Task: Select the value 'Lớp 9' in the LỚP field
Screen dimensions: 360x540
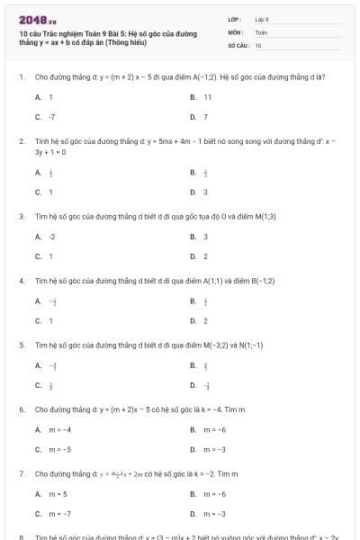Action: pyautogui.click(x=262, y=19)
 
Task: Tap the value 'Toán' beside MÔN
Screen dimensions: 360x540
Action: pyautogui.click(x=261, y=31)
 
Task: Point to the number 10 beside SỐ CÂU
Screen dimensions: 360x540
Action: pyautogui.click(x=258, y=44)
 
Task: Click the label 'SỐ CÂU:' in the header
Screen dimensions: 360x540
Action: pyautogui.click(x=238, y=44)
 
